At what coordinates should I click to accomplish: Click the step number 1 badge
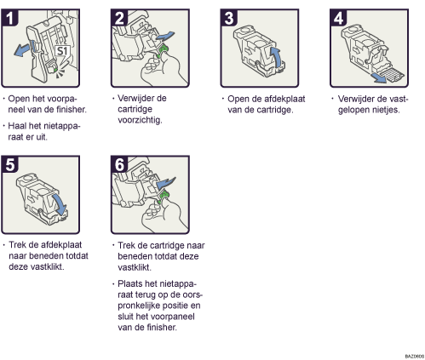10,18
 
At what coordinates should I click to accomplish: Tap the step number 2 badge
119,18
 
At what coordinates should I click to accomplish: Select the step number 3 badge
229,18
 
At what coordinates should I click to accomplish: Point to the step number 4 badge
339,18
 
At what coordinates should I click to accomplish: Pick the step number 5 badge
10,164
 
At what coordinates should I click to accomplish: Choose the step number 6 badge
119,164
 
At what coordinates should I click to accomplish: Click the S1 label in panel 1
62,51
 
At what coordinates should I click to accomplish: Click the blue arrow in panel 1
23,50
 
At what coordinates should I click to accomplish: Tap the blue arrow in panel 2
164,37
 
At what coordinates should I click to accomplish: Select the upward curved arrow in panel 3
278,58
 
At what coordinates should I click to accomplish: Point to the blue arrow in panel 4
380,78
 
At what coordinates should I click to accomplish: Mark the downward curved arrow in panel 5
60,205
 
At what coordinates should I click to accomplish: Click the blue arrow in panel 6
166,182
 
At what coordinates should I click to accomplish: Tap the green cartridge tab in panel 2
163,51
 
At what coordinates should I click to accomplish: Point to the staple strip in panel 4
393,74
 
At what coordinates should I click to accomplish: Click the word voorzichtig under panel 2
140,120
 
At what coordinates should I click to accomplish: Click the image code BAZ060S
415,356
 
